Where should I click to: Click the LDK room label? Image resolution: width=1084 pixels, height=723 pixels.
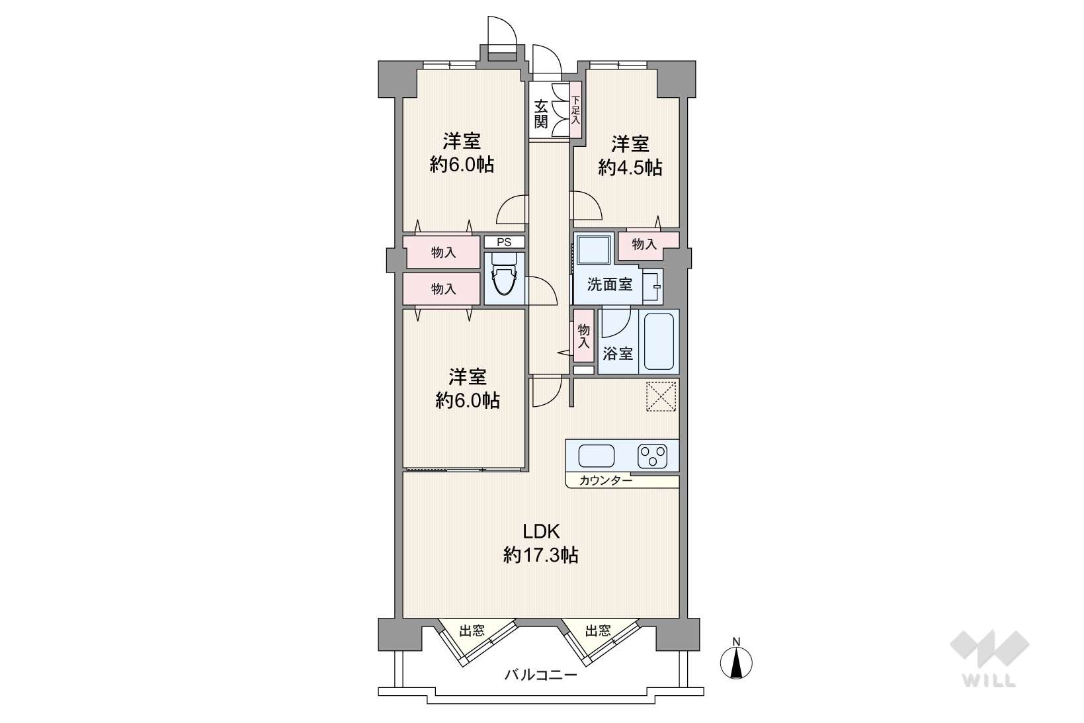pyautogui.click(x=540, y=531)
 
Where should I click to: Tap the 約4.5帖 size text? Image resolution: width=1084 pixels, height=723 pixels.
pyautogui.click(x=630, y=167)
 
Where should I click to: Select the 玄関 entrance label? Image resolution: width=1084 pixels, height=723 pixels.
pyautogui.click(x=540, y=113)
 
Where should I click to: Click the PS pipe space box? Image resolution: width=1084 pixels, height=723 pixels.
pyautogui.click(x=504, y=241)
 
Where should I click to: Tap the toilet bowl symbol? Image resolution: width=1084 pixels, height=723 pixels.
pyautogui.click(x=504, y=280)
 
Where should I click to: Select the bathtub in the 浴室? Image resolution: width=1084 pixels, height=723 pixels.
pyautogui.click(x=659, y=341)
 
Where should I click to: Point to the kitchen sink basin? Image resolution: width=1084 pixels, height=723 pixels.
pyautogui.click(x=596, y=456)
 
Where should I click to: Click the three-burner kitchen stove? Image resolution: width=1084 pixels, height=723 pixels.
pyautogui.click(x=652, y=456)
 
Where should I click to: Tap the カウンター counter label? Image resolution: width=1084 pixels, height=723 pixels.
pyautogui.click(x=605, y=480)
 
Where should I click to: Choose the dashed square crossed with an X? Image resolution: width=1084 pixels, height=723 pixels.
pyautogui.click(x=661, y=396)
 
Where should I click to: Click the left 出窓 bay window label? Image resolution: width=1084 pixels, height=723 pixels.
pyautogui.click(x=472, y=630)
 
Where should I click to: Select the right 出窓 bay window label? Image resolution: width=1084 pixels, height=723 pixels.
pyautogui.click(x=598, y=630)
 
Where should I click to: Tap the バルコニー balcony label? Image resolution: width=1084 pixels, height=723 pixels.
pyautogui.click(x=540, y=674)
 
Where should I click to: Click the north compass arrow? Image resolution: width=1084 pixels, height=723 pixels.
pyautogui.click(x=737, y=663)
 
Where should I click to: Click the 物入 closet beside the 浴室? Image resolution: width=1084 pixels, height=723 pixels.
pyautogui.click(x=583, y=336)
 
